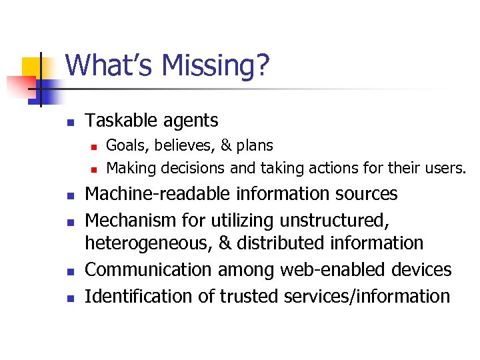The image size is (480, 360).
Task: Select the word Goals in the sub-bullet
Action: point(123,145)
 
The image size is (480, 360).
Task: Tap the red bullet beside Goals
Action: point(95,145)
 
